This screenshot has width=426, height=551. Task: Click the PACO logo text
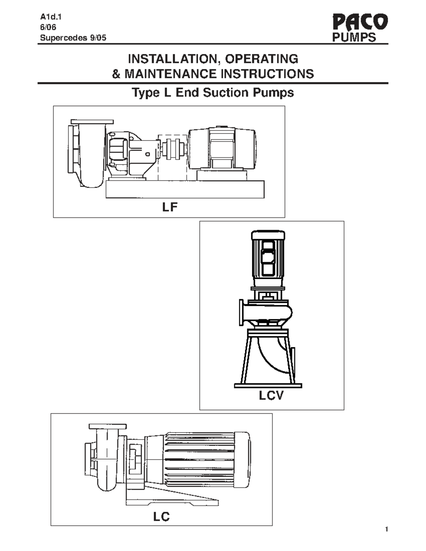click(x=360, y=22)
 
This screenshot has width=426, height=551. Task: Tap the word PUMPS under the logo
click(x=354, y=38)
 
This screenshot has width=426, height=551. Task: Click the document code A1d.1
click(x=48, y=16)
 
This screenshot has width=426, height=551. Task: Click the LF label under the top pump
click(x=170, y=207)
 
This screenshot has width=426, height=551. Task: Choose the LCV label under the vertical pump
click(x=271, y=395)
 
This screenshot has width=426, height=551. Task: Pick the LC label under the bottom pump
click(x=162, y=517)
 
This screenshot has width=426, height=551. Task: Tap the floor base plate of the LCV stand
click(x=268, y=385)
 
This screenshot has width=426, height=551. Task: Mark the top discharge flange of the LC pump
click(x=108, y=426)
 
